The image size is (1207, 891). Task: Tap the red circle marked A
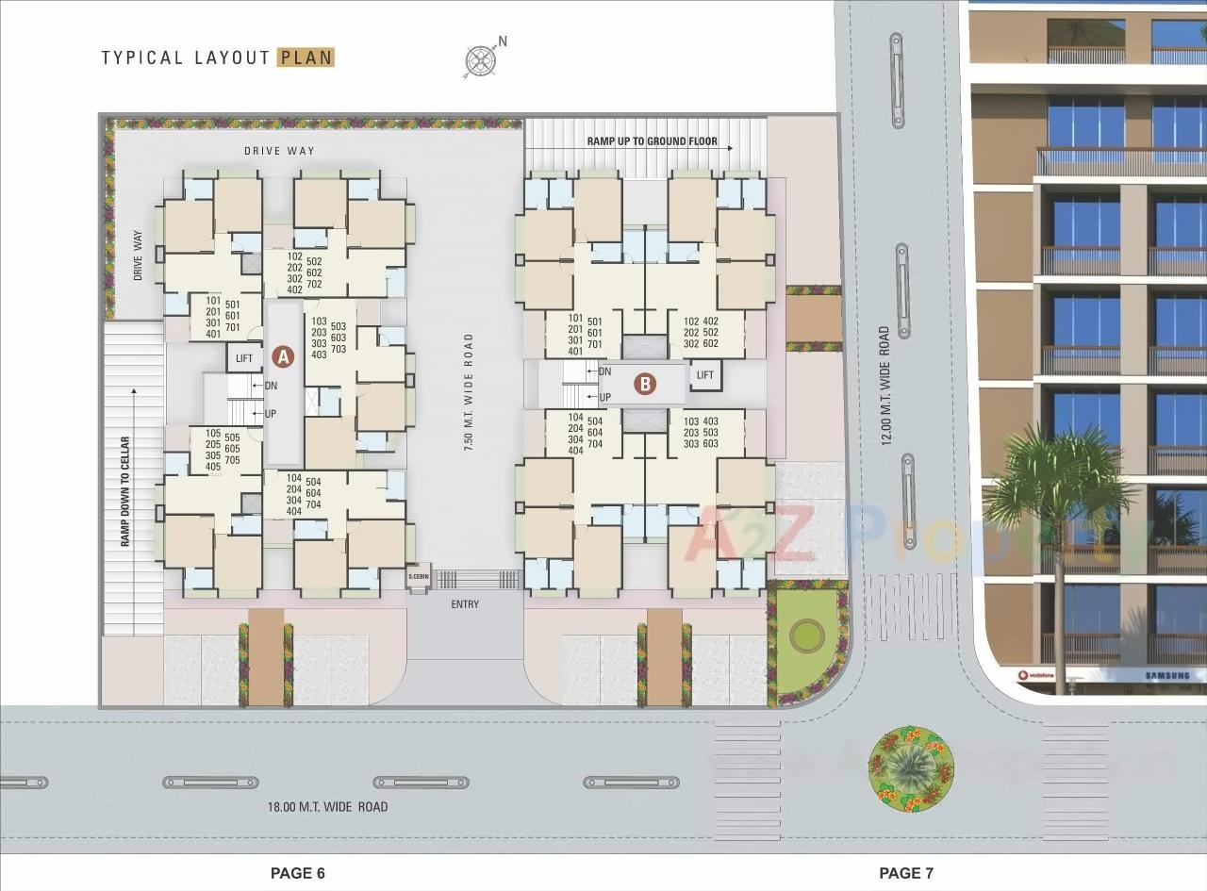pyautogui.click(x=283, y=356)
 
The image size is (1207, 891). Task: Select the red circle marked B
pyautogui.click(x=645, y=384)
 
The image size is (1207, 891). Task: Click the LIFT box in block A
pyautogui.click(x=244, y=357)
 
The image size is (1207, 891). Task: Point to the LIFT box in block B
pyautogui.click(x=705, y=375)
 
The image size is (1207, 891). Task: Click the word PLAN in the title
pyautogui.click(x=306, y=58)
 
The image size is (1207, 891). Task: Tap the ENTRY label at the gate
pyautogui.click(x=465, y=604)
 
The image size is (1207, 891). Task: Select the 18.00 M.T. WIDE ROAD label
pyautogui.click(x=328, y=807)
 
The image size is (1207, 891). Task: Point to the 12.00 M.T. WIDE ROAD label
pyautogui.click(x=885, y=386)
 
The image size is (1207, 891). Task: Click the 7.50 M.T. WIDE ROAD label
pyautogui.click(x=469, y=392)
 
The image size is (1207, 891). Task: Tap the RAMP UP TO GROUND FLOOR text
pyautogui.click(x=653, y=141)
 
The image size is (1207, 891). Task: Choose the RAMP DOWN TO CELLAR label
pyautogui.click(x=124, y=491)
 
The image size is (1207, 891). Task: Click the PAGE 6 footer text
pyautogui.click(x=298, y=873)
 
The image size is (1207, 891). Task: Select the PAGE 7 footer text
pyautogui.click(x=906, y=873)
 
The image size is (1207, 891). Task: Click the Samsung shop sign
pyautogui.click(x=1167, y=676)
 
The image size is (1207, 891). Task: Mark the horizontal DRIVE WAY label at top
pyautogui.click(x=279, y=151)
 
